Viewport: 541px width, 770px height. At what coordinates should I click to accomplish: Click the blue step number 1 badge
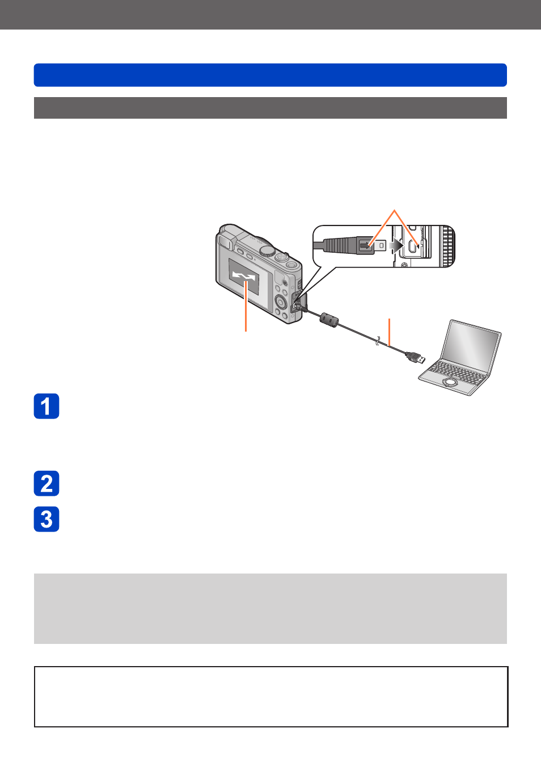coord(47,406)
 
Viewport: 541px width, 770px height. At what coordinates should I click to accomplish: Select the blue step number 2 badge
coord(47,483)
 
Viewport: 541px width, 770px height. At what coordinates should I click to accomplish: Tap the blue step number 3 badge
coord(47,518)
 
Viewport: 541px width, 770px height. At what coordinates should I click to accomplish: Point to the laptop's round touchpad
coord(450,382)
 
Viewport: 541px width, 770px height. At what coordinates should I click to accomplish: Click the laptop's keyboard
coord(458,372)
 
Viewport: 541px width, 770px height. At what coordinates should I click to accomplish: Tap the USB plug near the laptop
coord(416,358)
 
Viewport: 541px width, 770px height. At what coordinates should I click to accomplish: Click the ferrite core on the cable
coord(329,319)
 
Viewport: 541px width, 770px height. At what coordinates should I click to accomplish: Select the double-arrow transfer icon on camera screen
coord(244,275)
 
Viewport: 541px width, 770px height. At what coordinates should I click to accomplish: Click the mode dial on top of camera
coord(267,250)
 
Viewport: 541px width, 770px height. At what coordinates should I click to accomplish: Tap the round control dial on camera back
coord(281,303)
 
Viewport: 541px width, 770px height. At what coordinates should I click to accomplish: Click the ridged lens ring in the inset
coord(449,246)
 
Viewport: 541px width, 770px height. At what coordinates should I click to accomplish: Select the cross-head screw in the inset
coord(404,265)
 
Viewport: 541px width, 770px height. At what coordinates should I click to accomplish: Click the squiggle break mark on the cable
coord(378,341)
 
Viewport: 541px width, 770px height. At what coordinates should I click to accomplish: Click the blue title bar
coord(270,75)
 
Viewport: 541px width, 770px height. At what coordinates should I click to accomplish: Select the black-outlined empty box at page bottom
coord(271,696)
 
